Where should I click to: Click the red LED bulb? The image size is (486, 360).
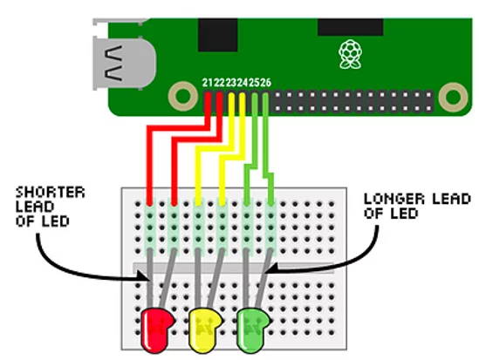pyautogui.click(x=156, y=330)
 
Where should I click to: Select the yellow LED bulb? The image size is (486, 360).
pyautogui.click(x=204, y=330)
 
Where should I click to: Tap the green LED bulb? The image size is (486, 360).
pyautogui.click(x=253, y=330)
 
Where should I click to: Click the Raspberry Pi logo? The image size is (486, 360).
pyautogui.click(x=350, y=54)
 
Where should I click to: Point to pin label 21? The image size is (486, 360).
pyautogui.click(x=208, y=83)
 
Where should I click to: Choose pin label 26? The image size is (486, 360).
pyautogui.click(x=265, y=83)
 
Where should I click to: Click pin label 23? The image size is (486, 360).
pyautogui.click(x=231, y=83)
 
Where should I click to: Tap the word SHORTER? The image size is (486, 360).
pyautogui.click(x=51, y=193)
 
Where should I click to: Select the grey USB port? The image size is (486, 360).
pyautogui.click(x=124, y=64)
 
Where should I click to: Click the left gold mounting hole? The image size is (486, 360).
pyautogui.click(x=183, y=96)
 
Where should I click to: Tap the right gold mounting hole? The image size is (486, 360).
pyautogui.click(x=453, y=97)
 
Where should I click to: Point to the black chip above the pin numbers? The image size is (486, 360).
pyautogui.click(x=218, y=35)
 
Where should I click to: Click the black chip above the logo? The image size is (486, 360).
pyautogui.click(x=351, y=27)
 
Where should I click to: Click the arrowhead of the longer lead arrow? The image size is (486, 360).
pyautogui.click(x=270, y=268)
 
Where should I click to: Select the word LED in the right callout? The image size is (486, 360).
pyautogui.click(x=404, y=214)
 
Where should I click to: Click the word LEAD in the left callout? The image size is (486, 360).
pyautogui.click(x=35, y=207)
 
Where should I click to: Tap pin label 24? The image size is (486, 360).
pyautogui.click(x=243, y=83)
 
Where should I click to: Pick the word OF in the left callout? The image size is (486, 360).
pyautogui.click(x=24, y=221)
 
